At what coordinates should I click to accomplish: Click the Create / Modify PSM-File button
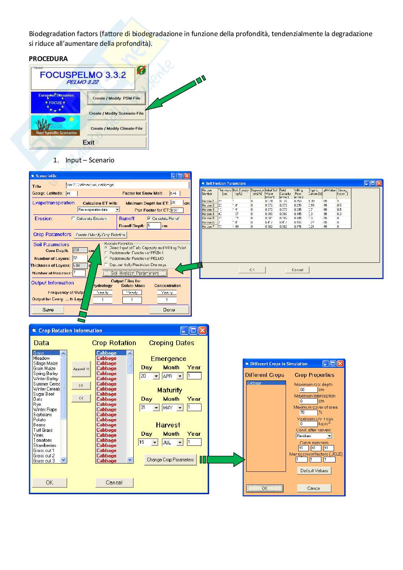pos(116,98)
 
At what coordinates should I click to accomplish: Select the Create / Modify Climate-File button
pos(116,129)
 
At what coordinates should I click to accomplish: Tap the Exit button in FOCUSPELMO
pos(88,143)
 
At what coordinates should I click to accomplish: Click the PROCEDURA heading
pos(48,59)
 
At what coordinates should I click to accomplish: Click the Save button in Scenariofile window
pos(48,310)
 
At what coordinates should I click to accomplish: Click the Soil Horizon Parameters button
pos(135,273)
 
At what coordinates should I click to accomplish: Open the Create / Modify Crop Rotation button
pos(100,235)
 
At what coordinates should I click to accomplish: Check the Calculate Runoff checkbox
pos(149,218)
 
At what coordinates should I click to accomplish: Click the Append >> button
pos(81,369)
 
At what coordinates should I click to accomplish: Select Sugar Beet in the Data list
pos(44,394)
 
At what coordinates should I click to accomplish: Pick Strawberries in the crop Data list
pos(44,445)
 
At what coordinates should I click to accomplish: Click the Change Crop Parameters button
pos(170,460)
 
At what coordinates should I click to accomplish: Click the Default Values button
pos(314,471)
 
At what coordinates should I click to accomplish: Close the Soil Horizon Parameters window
pos(379,183)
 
